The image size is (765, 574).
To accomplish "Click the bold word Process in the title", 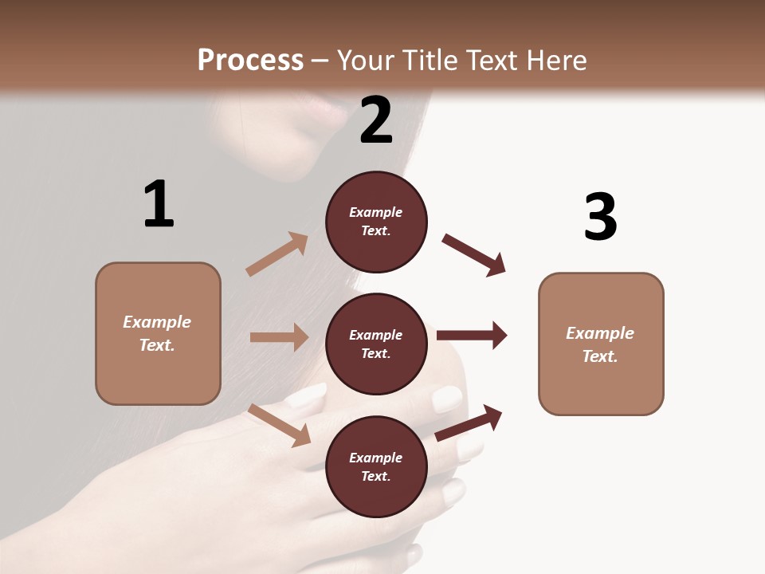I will tap(250, 61).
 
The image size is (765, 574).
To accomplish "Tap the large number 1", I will tap(159, 204).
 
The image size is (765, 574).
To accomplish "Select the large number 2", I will tap(376, 120).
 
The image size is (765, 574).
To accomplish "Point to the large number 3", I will tap(600, 217).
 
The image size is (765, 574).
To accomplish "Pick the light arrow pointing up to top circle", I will tap(277, 254).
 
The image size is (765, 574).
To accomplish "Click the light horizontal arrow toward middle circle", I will tap(279, 337).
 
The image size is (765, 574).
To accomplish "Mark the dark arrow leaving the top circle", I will tap(473, 255).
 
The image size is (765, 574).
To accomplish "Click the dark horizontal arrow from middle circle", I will tap(471, 336).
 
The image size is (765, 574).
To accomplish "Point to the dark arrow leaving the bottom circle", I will tap(469, 423).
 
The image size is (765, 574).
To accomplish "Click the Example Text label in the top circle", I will tap(376, 221).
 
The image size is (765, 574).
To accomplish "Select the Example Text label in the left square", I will tap(157, 333).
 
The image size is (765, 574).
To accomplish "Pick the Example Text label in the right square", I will tap(600, 344).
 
